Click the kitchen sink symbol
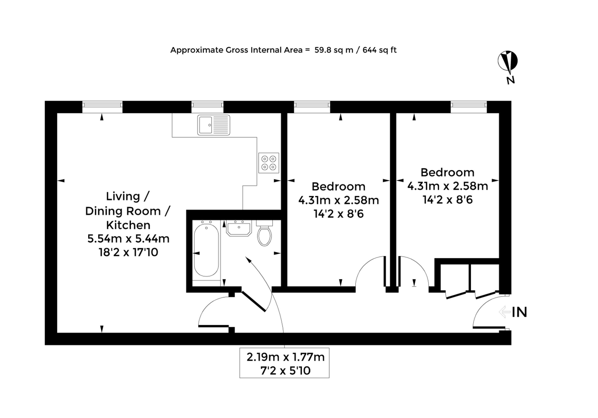(x=214, y=125)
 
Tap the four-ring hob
(x=269, y=163)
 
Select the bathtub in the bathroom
(x=206, y=250)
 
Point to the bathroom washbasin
(x=239, y=228)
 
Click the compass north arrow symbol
(x=507, y=61)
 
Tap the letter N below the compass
(x=511, y=80)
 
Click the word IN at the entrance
(x=519, y=312)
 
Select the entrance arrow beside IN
(x=505, y=312)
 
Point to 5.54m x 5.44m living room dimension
(x=128, y=239)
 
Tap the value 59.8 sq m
(x=334, y=50)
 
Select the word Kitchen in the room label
(x=128, y=225)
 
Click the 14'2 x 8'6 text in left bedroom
(x=338, y=214)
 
